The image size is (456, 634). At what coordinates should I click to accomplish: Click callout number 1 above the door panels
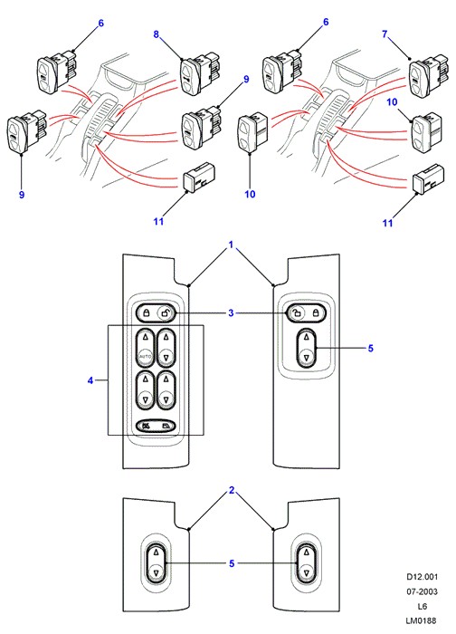pyautogui.click(x=231, y=245)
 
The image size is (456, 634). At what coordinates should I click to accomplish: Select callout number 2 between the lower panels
pyautogui.click(x=232, y=491)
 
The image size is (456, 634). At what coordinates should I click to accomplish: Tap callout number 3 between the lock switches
pyautogui.click(x=231, y=313)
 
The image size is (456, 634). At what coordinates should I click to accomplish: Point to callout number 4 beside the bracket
pyautogui.click(x=90, y=380)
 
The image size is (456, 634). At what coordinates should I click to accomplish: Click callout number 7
pyautogui.click(x=385, y=34)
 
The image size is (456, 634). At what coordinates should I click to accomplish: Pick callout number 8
pyautogui.click(x=157, y=34)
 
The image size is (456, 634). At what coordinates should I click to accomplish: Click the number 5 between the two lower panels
pyautogui.click(x=232, y=563)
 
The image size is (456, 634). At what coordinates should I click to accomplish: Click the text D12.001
pyautogui.click(x=423, y=577)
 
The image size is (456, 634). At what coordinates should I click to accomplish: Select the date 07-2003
pyautogui.click(x=423, y=591)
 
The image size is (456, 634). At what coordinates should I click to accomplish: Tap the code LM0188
pyautogui.click(x=422, y=620)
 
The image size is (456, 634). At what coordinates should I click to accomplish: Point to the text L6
pyautogui.click(x=423, y=606)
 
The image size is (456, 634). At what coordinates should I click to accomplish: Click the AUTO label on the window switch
pyautogui.click(x=145, y=357)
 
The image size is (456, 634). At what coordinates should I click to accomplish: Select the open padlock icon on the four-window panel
pyautogui.click(x=165, y=312)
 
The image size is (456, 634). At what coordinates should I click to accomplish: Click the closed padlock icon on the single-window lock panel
pyautogui.click(x=315, y=313)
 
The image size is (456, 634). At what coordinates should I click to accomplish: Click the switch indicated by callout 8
pyautogui.click(x=198, y=74)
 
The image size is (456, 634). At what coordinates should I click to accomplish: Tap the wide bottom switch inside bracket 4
pyautogui.click(x=156, y=426)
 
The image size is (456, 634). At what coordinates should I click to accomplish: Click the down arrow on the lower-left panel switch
pyautogui.click(x=156, y=572)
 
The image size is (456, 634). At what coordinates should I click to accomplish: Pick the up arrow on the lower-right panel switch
pyautogui.click(x=306, y=552)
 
